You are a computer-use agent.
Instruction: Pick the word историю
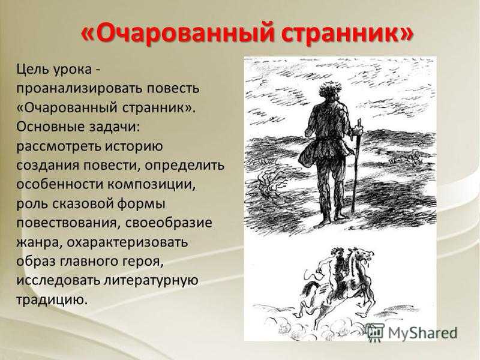[x=134, y=146]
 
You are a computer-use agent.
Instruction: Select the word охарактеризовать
[x=127, y=242]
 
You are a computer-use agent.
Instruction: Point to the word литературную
[x=151, y=281]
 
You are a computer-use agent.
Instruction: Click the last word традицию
[x=52, y=300]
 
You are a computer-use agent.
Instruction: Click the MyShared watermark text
[x=422, y=333]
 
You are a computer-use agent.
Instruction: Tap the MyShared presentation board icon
[x=376, y=332]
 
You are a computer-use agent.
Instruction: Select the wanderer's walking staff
[x=356, y=166]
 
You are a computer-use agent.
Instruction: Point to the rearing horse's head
[x=364, y=254]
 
